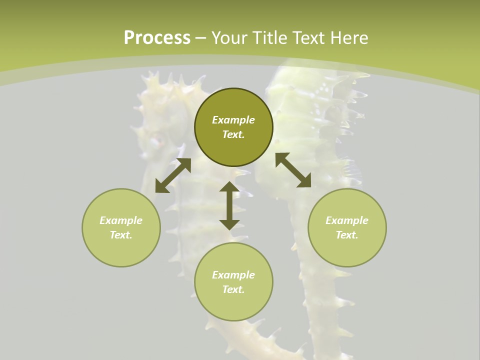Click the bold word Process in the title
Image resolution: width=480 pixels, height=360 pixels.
click(157, 38)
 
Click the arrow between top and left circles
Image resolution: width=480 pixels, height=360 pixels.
click(173, 175)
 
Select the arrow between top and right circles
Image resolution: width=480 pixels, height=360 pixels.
click(293, 170)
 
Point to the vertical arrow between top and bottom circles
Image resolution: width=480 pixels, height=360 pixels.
click(229, 205)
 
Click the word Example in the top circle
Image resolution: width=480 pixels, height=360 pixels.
click(233, 120)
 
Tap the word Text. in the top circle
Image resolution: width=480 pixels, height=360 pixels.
click(233, 134)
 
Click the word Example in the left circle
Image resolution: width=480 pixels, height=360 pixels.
click(121, 220)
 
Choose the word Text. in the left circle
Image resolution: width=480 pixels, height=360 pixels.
click(121, 235)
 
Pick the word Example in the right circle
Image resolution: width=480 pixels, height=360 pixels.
click(347, 220)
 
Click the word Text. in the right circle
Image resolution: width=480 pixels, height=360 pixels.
click(347, 235)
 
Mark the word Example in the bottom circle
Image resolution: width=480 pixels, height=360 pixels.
click(233, 275)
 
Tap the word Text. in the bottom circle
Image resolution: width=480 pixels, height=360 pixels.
click(233, 289)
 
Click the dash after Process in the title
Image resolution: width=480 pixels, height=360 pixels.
click(200, 38)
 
